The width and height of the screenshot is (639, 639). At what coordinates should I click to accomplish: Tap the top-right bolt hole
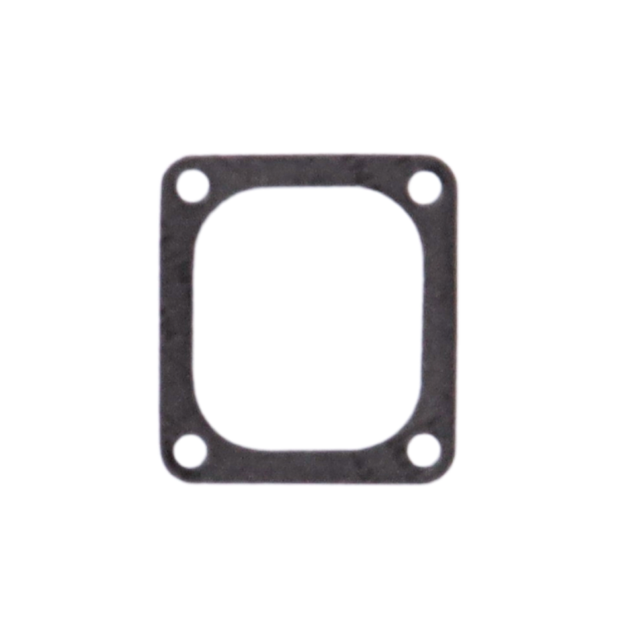(424, 185)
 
